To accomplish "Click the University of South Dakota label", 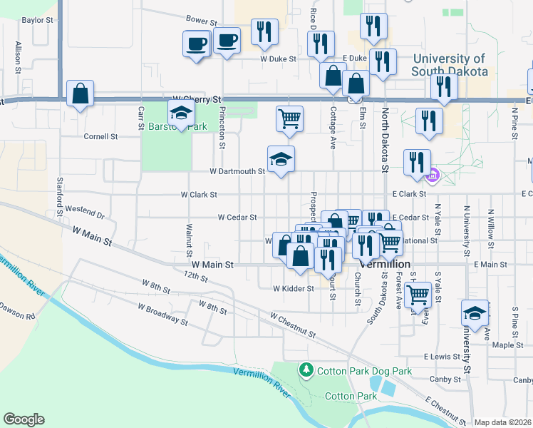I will click(450, 66).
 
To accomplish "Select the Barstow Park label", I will click(167, 126).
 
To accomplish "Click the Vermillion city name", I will click(385, 264).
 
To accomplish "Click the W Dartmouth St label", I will click(237, 171).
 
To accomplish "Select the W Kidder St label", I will click(293, 288).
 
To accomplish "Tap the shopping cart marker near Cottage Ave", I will click(289, 118).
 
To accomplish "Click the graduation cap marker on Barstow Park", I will click(181, 113).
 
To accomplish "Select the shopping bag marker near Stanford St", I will click(81, 93).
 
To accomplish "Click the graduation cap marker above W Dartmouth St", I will click(281, 160).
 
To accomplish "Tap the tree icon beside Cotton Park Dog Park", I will click(306, 370).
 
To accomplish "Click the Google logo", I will click(24, 419).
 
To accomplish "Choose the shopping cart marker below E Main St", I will click(418, 292).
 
